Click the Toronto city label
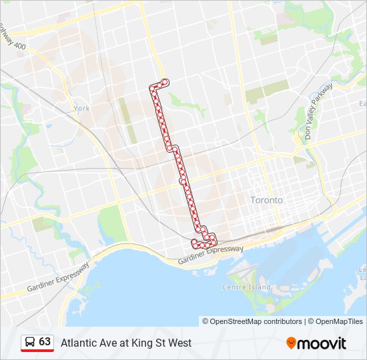pyautogui.click(x=266, y=200)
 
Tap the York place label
pyautogui.click(x=81, y=108)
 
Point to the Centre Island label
pyautogui.click(x=247, y=287)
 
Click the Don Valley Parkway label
pyautogui.click(x=318, y=111)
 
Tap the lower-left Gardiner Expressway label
pyautogui.click(x=58, y=277)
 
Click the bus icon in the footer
pyautogui.click(x=30, y=342)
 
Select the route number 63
pyautogui.click(x=45, y=341)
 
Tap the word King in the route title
pyautogui.click(x=141, y=343)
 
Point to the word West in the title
pyautogui.click(x=179, y=343)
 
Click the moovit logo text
pyautogui.click(x=322, y=343)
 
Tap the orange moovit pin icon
pyautogui.click(x=291, y=343)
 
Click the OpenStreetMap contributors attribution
pyautogui.click(x=252, y=321)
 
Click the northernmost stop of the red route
pyautogui.click(x=164, y=82)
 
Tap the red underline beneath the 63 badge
pyautogui.click(x=37, y=351)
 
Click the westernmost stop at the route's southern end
pyautogui.click(x=194, y=241)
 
